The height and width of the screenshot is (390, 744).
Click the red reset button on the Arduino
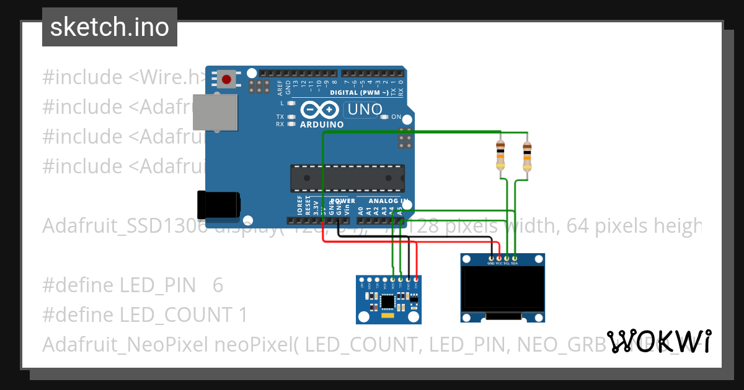click(227, 79)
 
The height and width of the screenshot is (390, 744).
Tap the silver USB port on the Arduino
click(215, 112)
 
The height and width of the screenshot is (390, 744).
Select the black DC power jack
click(218, 204)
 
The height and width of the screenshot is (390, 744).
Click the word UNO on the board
click(365, 110)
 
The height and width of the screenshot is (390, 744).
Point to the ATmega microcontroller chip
click(347, 178)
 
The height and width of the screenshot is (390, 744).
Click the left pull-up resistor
click(500, 155)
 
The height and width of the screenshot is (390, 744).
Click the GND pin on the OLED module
click(491, 258)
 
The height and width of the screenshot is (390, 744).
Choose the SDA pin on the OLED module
click(515, 258)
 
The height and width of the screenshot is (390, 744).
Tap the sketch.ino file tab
click(110, 27)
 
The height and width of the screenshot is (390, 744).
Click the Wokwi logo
click(658, 341)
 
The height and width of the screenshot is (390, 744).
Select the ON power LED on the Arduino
click(384, 117)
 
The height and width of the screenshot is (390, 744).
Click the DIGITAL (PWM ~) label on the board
click(359, 92)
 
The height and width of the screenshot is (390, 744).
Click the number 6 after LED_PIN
click(217, 285)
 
